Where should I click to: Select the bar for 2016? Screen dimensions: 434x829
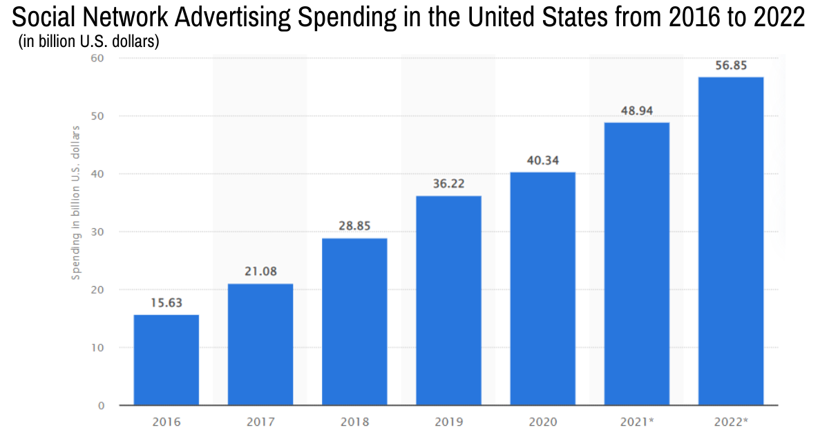166,359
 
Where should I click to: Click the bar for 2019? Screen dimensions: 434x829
448,300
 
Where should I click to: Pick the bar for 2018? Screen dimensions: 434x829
354,321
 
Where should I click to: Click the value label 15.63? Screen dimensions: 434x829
166,302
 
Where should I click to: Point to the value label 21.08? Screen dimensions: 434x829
260,271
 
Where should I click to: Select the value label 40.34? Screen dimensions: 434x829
543,159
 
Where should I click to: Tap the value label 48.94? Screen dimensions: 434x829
637,110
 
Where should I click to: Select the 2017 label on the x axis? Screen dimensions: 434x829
260,422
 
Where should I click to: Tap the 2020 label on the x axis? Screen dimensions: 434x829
543,422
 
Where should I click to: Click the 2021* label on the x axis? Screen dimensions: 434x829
637,422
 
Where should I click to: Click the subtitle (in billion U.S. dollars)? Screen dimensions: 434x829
88,43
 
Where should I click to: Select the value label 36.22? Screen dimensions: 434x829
448,185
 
